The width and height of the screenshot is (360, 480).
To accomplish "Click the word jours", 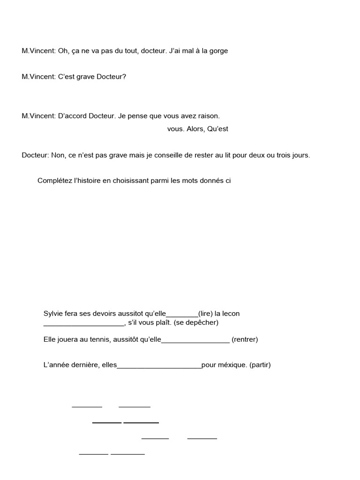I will (x=300, y=155).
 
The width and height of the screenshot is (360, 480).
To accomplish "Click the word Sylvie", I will (x=53, y=314).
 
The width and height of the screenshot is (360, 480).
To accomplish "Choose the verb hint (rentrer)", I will (x=245, y=339).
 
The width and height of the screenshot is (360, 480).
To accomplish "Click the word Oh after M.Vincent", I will (x=63, y=51).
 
